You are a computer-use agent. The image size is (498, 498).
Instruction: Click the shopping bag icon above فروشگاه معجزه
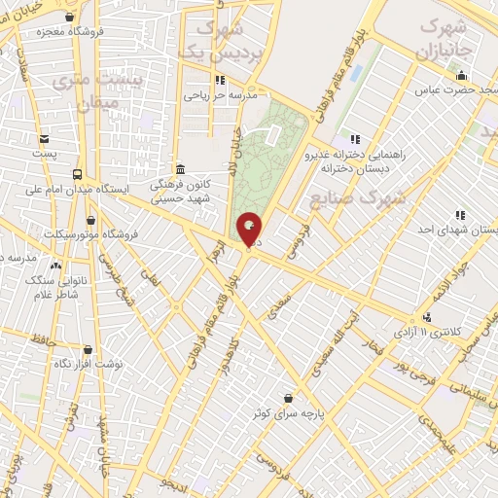click(69, 17)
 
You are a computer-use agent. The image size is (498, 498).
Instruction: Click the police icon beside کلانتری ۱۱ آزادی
click(426, 317)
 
